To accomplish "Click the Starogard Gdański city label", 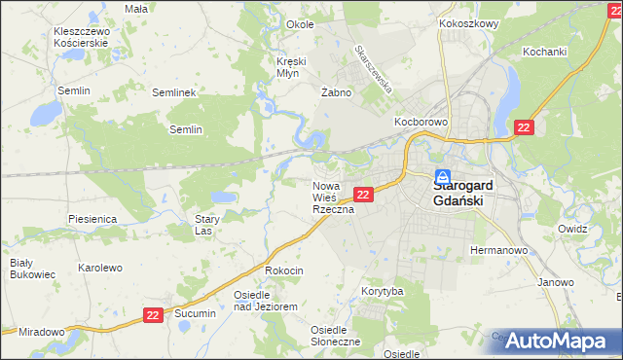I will (x=463, y=193).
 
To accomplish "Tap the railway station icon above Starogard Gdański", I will (x=442, y=178).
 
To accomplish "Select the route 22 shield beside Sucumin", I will (x=153, y=314).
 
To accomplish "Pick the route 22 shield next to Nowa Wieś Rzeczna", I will (x=362, y=195).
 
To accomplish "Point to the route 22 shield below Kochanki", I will (x=524, y=127).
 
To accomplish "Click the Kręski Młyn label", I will (x=290, y=67).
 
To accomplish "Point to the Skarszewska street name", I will (x=374, y=67).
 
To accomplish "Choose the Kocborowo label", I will (x=420, y=122).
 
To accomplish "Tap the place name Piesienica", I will (x=93, y=220).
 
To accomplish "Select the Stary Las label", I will (x=203, y=226).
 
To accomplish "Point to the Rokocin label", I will (x=284, y=270).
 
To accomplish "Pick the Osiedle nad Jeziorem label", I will (x=265, y=300).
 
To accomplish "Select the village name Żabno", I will (x=335, y=92).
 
